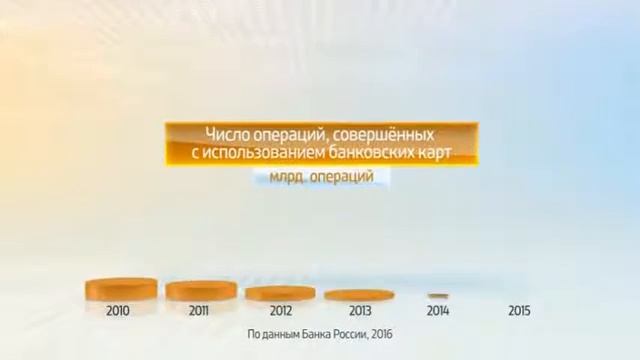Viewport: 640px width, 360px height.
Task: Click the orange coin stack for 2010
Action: point(121,290)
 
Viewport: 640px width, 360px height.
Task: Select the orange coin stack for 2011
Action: point(201,291)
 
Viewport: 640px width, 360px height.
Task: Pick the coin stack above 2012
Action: point(280,293)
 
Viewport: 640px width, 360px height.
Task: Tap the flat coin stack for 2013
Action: point(359,295)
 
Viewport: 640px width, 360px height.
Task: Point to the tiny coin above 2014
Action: point(437,296)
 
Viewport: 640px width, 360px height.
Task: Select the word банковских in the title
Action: point(364,152)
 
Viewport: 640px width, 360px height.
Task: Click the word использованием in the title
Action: point(255,152)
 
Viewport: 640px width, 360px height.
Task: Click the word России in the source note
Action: point(345,334)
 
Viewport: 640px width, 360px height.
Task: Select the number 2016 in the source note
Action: point(381,334)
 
